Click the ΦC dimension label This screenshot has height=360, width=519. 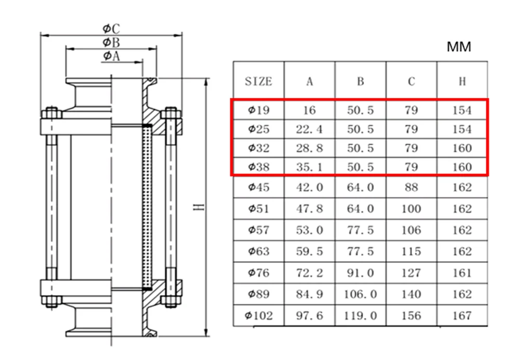coord(111,29)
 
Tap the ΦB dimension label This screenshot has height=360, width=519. coord(111,43)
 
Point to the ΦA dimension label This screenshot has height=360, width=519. coord(111,56)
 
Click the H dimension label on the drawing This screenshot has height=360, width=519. coord(199,207)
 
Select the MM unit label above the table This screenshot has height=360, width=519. coord(459,47)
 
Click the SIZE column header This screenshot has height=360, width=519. coord(258,81)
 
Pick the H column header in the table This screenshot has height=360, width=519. coord(462,81)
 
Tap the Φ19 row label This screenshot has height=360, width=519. coord(259,110)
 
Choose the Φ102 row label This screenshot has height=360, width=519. coord(259,315)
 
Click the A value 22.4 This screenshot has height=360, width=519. coord(309,129)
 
